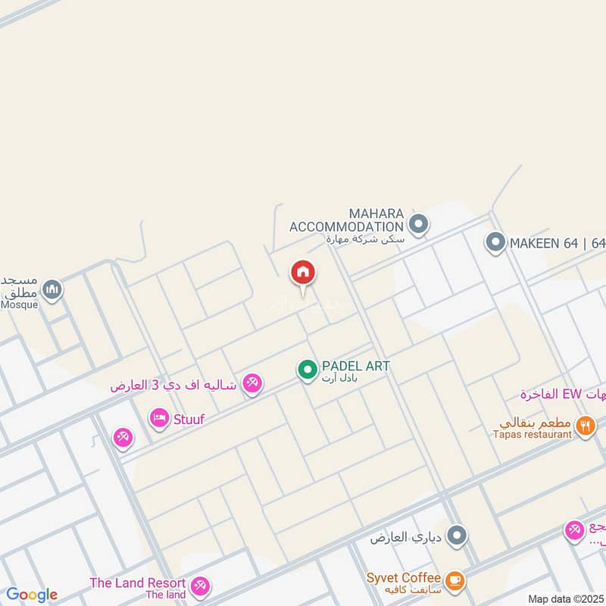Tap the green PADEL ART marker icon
(307, 370)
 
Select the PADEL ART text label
(355, 366)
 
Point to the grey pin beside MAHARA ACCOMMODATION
(418, 224)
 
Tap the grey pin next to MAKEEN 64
(495, 242)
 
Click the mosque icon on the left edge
(52, 289)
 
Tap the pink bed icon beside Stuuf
(158, 417)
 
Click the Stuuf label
(189, 418)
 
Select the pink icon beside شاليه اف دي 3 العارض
(253, 383)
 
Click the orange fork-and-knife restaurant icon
(585, 426)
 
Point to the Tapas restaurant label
(532, 434)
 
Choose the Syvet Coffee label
(403, 578)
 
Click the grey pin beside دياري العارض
(456, 536)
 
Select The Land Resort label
(137, 583)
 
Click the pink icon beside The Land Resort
(200, 585)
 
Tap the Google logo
(31, 595)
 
